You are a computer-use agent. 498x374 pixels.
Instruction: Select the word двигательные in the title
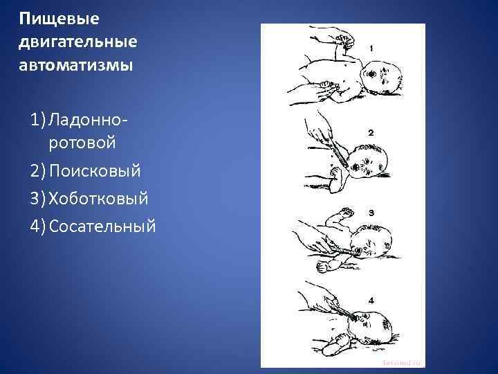79,42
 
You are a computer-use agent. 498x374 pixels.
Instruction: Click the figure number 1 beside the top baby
372,48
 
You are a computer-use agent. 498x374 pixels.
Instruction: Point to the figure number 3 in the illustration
371,213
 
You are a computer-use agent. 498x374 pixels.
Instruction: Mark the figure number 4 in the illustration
371,300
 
